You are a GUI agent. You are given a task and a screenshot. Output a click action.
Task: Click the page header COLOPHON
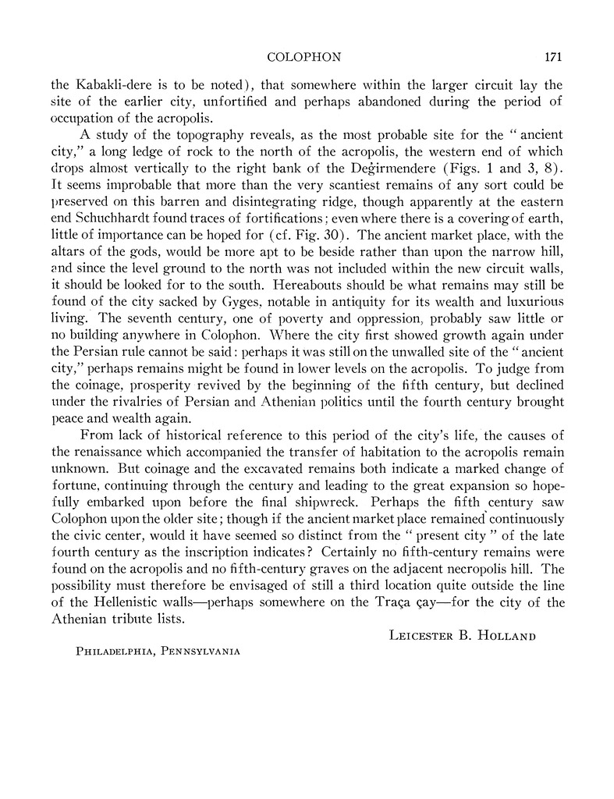297,57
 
